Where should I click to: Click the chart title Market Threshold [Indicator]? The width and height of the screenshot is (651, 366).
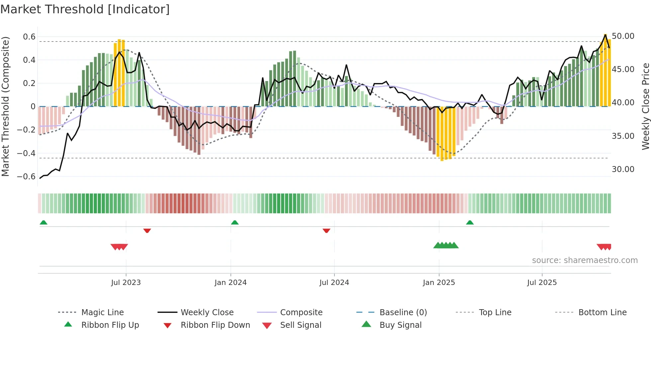(x=85, y=9)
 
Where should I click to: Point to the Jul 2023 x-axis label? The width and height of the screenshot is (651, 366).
(x=126, y=282)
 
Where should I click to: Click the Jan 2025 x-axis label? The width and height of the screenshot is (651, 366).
(x=439, y=282)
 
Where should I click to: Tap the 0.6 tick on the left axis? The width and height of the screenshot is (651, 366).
(x=29, y=37)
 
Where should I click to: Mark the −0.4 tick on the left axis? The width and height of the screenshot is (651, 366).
(x=26, y=153)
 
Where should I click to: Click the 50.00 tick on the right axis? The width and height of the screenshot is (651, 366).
(x=623, y=36)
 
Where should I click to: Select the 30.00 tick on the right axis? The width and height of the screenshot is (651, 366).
(x=623, y=169)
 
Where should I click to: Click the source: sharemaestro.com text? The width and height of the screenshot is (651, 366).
(x=585, y=260)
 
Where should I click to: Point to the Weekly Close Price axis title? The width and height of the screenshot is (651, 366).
(x=645, y=106)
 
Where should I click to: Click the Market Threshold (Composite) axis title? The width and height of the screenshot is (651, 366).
(x=5, y=106)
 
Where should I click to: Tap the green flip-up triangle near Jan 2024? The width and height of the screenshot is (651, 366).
(x=235, y=222)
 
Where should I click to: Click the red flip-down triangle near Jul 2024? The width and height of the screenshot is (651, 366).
(x=326, y=230)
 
